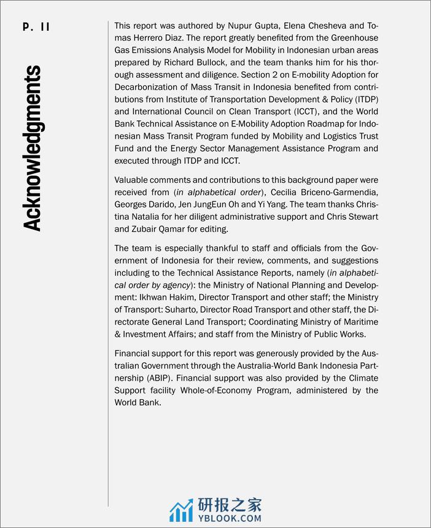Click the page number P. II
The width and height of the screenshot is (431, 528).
click(36, 26)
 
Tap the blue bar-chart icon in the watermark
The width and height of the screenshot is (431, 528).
click(182, 511)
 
